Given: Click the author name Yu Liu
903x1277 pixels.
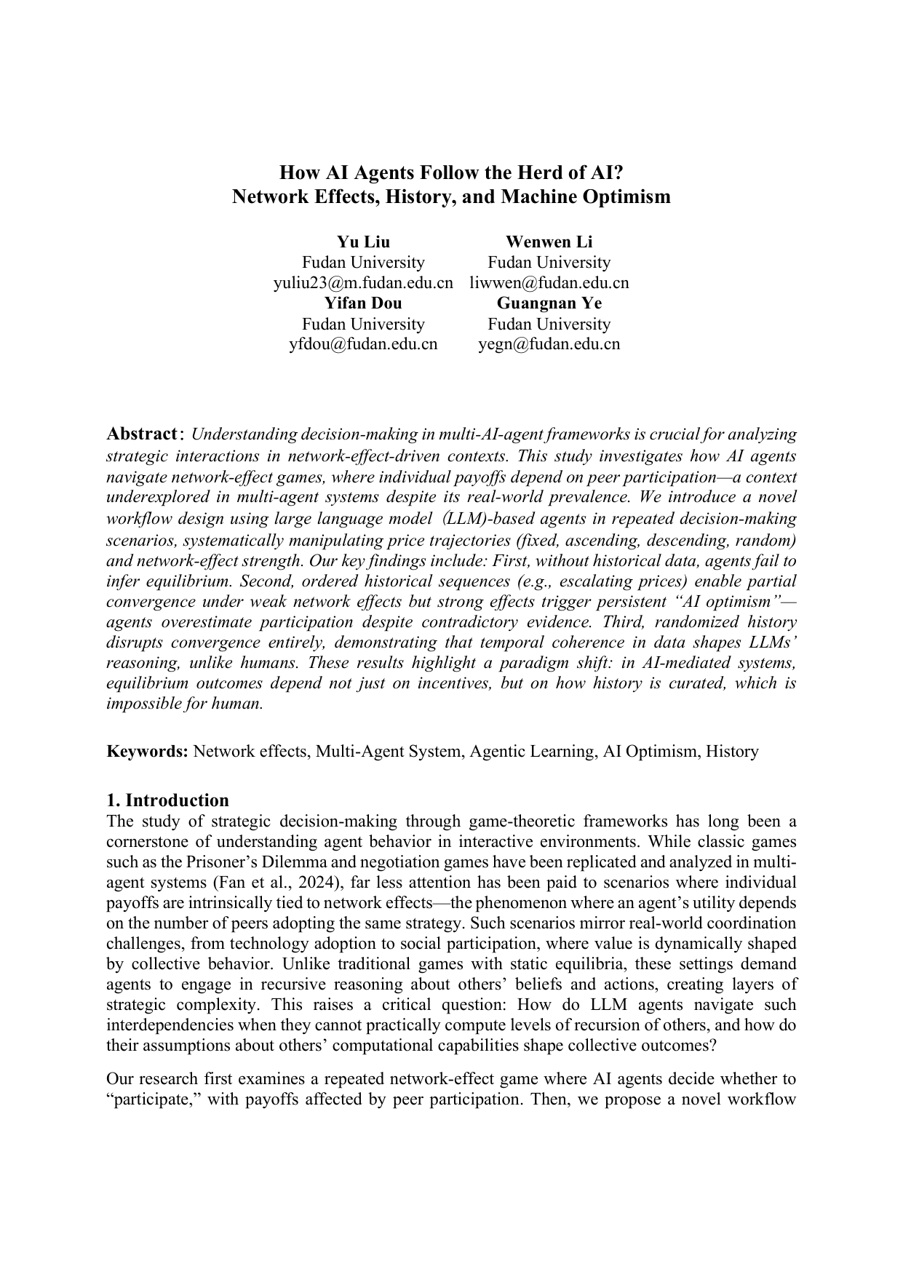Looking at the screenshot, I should pos(362,242).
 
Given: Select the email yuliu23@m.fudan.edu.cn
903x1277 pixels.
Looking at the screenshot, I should pos(362,283).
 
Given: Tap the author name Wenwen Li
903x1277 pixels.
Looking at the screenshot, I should pos(549,242).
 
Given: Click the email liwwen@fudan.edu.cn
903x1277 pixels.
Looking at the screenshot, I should pos(549,283).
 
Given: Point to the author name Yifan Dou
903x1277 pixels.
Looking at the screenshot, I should pos(362,303).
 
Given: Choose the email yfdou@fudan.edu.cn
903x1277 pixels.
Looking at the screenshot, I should pos(362,344).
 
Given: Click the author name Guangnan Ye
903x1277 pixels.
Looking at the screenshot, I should pos(549,303).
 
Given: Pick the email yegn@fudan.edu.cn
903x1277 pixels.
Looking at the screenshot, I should pos(549,344).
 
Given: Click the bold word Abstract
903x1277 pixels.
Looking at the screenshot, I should pos(142,434).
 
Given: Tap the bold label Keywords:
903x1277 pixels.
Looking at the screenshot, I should pos(148,752).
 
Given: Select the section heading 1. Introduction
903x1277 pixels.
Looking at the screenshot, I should pos(167,800).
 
